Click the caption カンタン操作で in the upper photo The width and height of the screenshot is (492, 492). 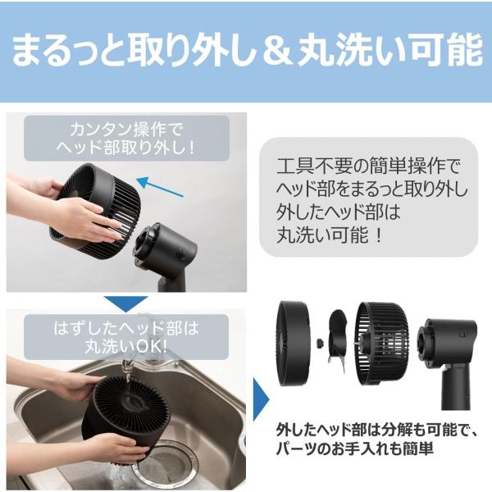[126, 130]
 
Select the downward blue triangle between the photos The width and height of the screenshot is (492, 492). [125, 303]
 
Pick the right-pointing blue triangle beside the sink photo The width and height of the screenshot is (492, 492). [261, 399]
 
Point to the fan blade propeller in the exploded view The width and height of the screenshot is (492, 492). [337, 339]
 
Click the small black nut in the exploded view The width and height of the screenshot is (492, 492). [321, 343]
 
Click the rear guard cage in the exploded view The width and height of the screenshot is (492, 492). [382, 344]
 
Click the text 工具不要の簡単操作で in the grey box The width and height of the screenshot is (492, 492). [368, 166]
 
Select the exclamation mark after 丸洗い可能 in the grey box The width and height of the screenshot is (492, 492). [379, 235]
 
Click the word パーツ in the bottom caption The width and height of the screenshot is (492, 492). [296, 449]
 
